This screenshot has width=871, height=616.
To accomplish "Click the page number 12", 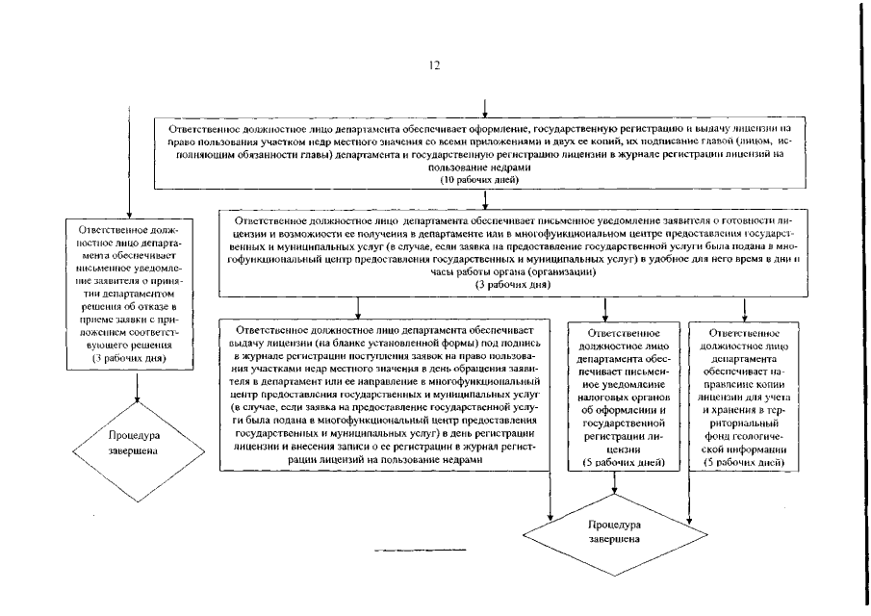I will [x=435, y=65].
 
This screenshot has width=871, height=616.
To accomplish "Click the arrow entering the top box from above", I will [x=483, y=108].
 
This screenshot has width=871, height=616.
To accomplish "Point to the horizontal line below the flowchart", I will [x=419, y=550].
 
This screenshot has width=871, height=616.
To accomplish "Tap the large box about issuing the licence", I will [x=384, y=393].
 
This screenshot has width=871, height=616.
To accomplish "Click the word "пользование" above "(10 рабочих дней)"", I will [x=478, y=167].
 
